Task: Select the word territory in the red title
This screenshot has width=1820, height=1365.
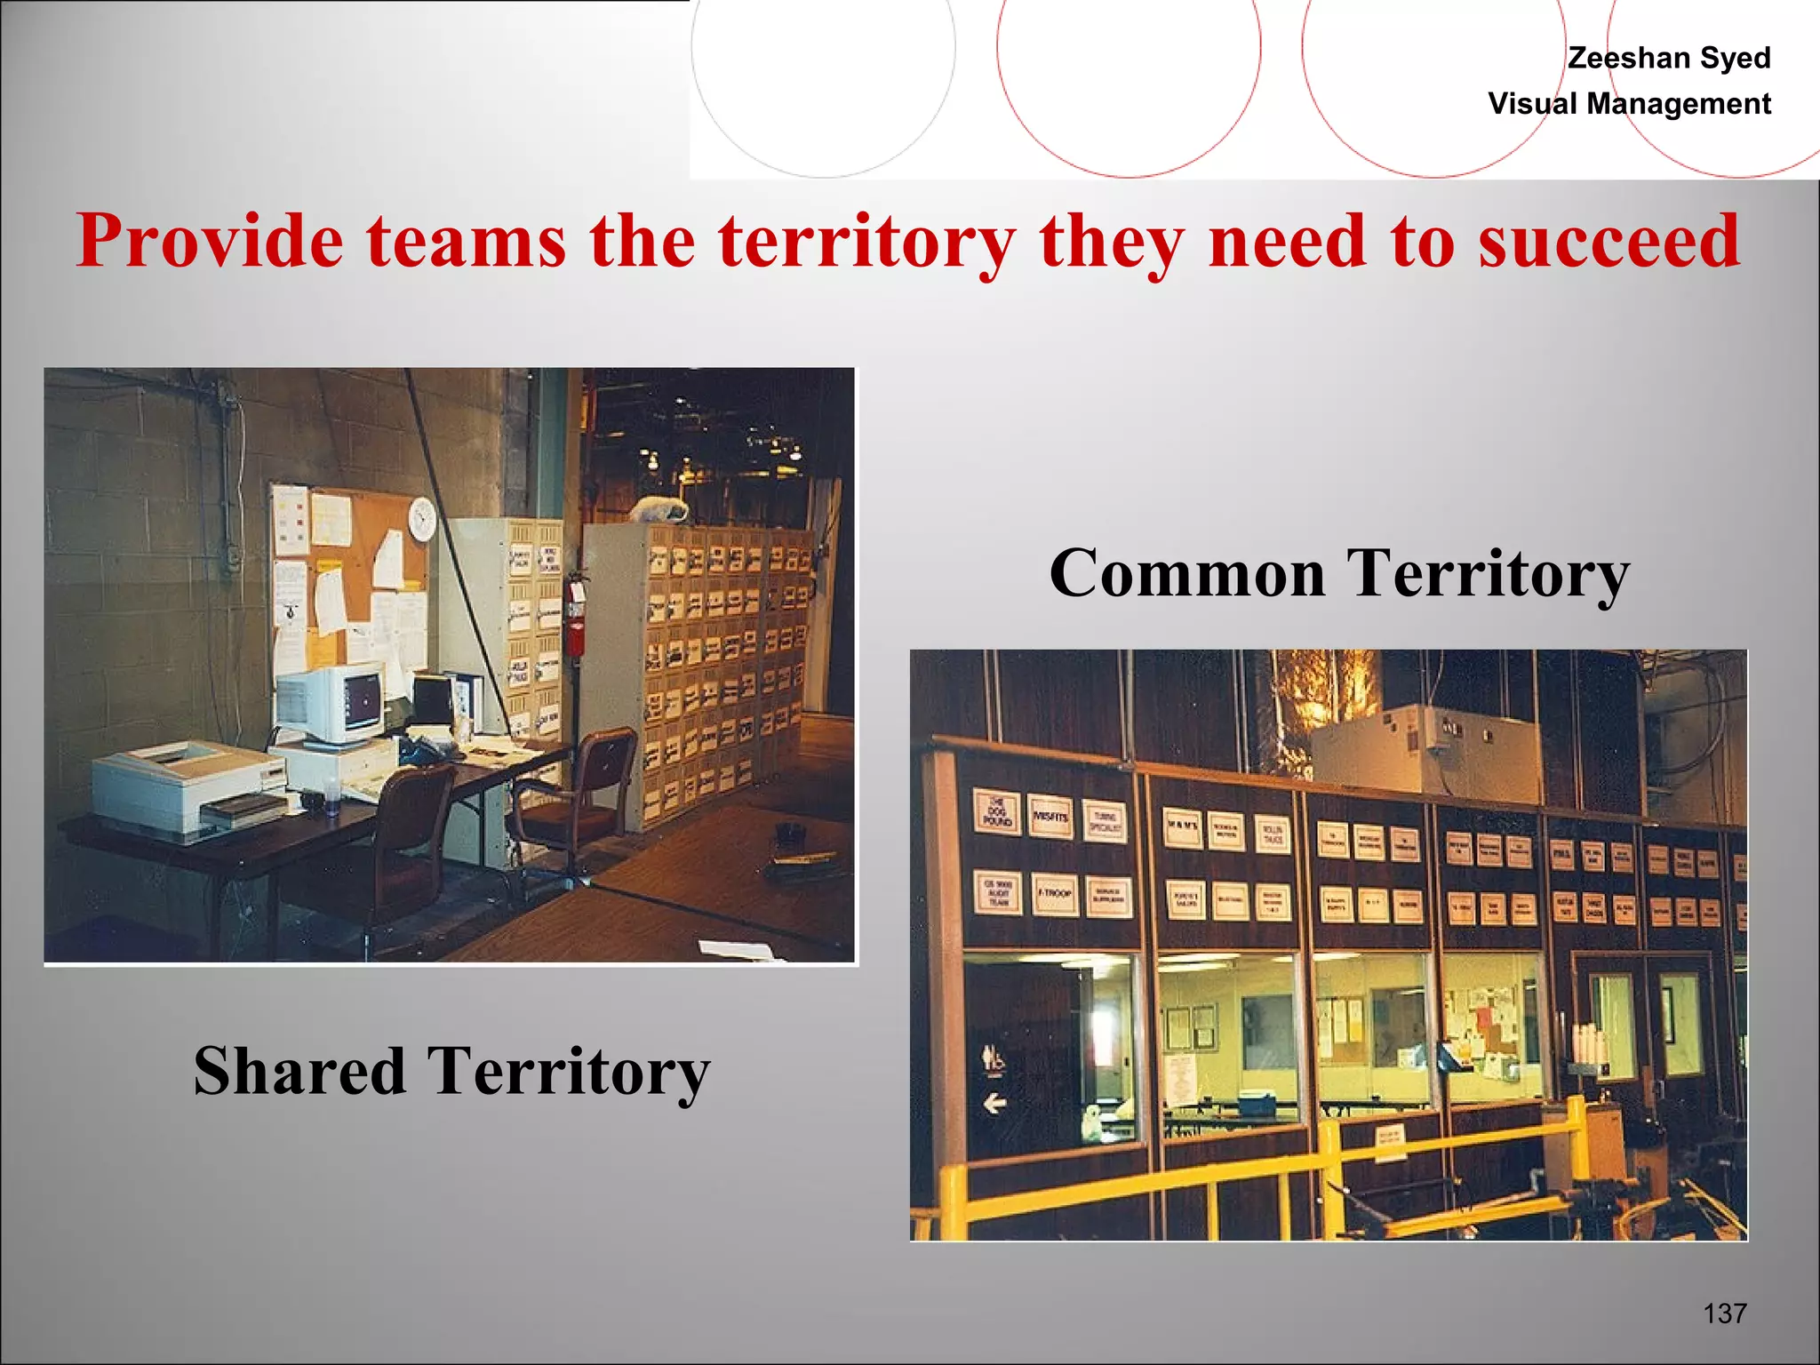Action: coord(866,242)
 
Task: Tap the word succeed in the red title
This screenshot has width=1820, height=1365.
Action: coord(1608,242)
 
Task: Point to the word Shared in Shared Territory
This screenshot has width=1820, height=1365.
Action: coord(299,1071)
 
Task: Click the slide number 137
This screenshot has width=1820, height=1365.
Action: coord(1724,1313)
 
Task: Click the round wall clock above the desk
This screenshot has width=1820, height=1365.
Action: coord(422,518)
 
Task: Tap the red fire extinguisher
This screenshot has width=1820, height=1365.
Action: coord(576,627)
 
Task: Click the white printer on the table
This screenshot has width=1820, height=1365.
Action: coord(187,786)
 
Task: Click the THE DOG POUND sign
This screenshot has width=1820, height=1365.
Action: coord(996,812)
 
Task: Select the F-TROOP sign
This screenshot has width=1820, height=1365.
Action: coord(1054,893)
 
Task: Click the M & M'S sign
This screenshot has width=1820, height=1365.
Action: coord(1183,826)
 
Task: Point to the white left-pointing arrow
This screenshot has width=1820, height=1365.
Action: coord(994,1104)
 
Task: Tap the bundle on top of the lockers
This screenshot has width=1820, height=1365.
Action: coord(659,510)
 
